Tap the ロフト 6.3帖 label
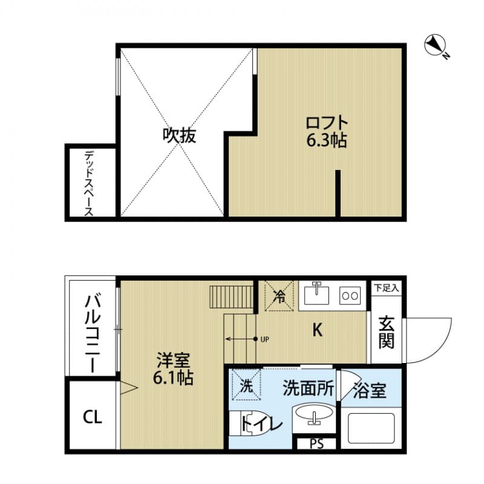point(326,131)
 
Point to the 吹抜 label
point(178,136)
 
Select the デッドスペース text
point(88,183)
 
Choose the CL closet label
point(92,416)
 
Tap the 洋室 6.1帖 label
point(174,370)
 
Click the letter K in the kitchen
point(317,330)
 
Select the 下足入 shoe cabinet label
point(386,287)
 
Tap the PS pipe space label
point(316,444)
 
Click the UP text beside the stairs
point(264,339)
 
